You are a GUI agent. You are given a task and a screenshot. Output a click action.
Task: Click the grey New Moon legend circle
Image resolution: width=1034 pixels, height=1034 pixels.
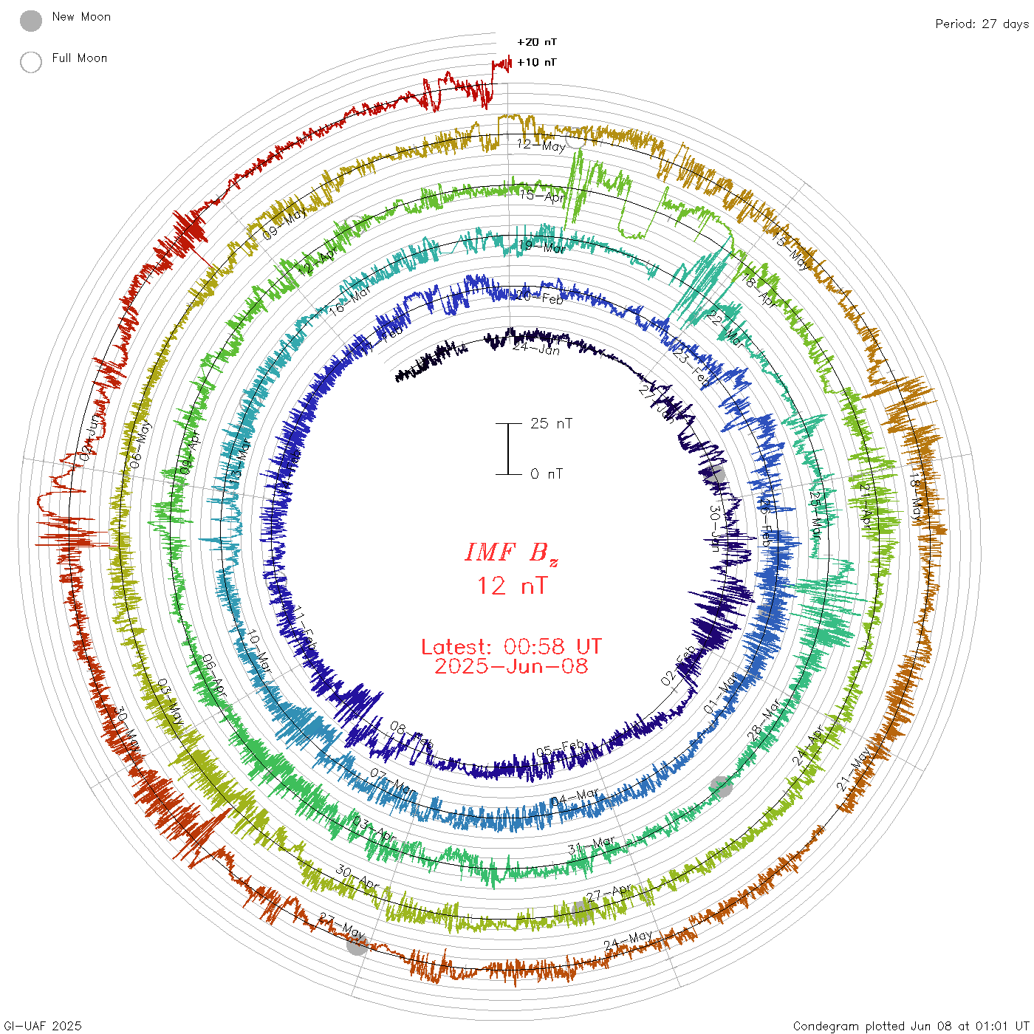[x=31, y=21]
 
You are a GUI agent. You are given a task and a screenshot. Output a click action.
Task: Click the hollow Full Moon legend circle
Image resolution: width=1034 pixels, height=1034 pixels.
[x=31, y=62]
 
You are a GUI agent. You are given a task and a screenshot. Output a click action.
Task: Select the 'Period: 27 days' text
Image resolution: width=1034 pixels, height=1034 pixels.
[x=982, y=24]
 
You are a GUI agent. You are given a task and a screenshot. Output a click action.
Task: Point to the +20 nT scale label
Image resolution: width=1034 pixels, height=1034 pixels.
[x=536, y=42]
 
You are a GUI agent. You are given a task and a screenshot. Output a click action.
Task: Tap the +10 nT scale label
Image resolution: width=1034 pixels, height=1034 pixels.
[x=536, y=62]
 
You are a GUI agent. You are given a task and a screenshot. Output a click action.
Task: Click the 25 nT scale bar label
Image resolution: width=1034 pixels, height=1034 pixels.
[x=551, y=423]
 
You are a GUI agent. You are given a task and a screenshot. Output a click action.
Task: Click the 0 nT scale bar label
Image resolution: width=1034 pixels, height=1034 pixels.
[x=547, y=473]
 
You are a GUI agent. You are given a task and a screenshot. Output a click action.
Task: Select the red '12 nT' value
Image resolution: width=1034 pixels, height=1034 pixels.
[x=512, y=586]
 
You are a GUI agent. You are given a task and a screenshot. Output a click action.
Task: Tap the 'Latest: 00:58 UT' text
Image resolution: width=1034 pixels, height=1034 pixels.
[x=511, y=647]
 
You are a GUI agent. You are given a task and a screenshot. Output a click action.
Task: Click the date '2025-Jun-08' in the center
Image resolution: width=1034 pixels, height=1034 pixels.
[x=511, y=666]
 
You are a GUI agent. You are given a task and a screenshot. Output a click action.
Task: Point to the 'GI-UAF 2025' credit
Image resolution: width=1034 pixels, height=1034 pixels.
[x=43, y=1026]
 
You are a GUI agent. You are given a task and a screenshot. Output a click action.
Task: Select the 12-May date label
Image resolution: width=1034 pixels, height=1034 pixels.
[x=541, y=145]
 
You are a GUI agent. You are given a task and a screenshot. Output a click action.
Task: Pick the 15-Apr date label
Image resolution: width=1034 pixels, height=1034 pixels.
[x=541, y=196]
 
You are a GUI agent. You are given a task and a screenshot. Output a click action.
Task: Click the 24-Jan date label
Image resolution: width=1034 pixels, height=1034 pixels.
[x=536, y=348]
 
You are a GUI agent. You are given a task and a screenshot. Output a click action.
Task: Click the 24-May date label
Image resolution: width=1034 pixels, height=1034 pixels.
[x=628, y=940]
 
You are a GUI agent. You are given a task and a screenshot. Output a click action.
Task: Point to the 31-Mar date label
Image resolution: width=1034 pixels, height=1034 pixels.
[x=592, y=844]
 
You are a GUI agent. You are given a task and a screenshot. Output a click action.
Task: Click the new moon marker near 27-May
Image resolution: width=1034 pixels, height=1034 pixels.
[x=357, y=943]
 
